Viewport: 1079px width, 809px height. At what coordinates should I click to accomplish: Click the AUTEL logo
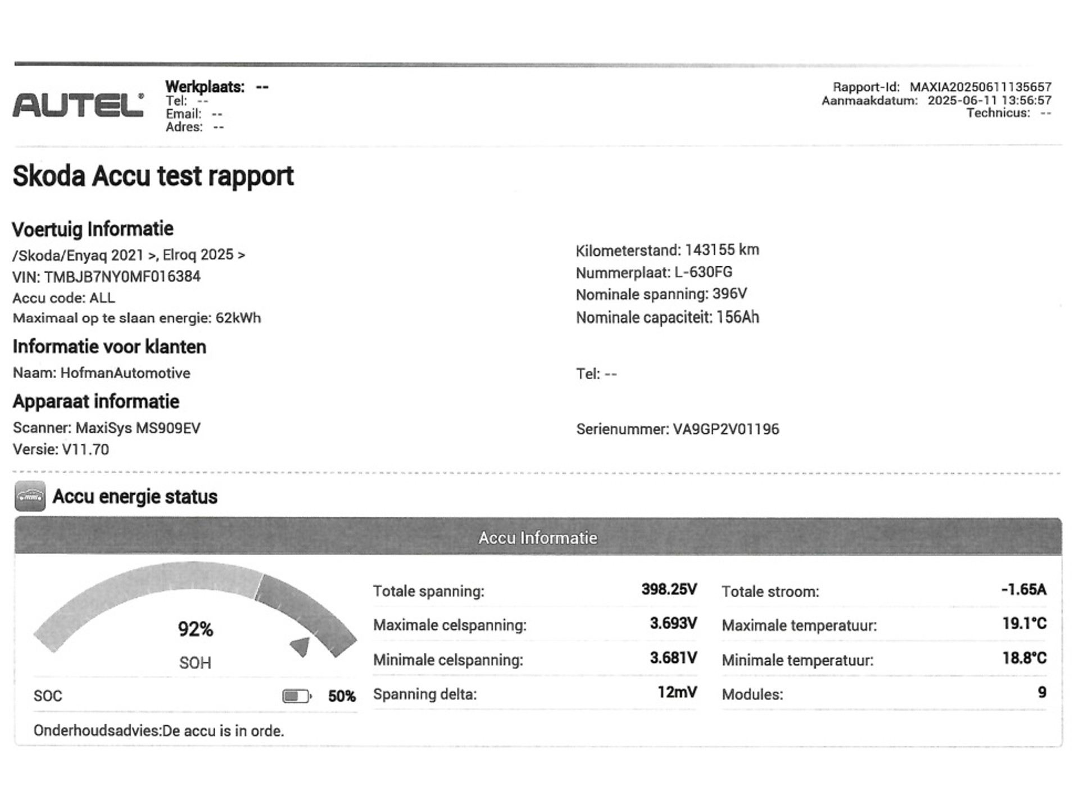click(x=78, y=105)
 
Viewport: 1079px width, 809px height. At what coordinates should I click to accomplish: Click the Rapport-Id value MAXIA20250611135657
click(x=980, y=87)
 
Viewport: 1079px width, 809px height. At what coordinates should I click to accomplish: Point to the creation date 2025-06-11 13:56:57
click(x=989, y=101)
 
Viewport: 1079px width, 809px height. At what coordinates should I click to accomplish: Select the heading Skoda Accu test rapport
click(x=153, y=176)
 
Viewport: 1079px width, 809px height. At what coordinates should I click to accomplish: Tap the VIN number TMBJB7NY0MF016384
click(x=122, y=276)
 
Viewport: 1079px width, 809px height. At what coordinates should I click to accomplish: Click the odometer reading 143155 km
click(x=722, y=250)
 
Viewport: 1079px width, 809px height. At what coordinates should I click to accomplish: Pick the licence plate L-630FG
click(x=703, y=272)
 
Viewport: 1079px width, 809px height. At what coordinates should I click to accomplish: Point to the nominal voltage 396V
click(x=729, y=294)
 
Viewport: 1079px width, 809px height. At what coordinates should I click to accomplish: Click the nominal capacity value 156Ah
click(x=737, y=317)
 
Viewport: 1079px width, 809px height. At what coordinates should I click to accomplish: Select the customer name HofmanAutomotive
click(x=125, y=373)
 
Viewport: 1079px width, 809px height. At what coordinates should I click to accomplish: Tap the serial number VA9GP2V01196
click(x=726, y=429)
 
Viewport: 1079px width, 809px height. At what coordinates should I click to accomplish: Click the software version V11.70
click(x=85, y=449)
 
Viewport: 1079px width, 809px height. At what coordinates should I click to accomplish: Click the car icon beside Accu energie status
click(x=30, y=497)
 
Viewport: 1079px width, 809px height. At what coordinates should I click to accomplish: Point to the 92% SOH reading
click(x=195, y=629)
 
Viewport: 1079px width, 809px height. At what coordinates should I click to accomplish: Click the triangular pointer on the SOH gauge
click(x=301, y=646)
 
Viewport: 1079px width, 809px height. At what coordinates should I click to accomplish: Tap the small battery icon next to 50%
click(x=296, y=697)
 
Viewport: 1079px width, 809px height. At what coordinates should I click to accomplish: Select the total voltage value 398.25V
click(x=669, y=590)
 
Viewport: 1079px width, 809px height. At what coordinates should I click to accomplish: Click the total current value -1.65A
click(x=1023, y=590)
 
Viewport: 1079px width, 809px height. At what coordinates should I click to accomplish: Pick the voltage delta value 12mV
click(x=677, y=693)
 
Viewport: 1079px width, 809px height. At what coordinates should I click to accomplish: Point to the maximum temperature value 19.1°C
click(x=1024, y=624)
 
